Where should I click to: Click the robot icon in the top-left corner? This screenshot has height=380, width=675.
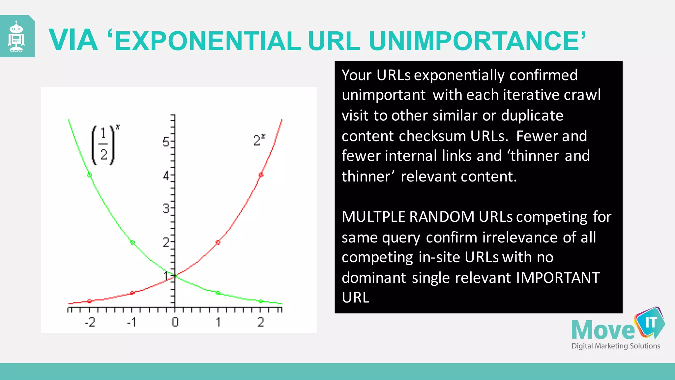click(x=16, y=37)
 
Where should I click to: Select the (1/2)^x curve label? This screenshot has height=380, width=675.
click(x=104, y=145)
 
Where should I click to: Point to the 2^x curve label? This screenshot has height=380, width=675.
click(x=259, y=140)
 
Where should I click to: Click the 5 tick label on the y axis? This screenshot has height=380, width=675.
click(x=166, y=142)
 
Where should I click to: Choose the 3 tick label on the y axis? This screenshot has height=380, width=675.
click(x=166, y=208)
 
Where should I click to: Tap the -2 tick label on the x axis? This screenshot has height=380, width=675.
click(x=90, y=322)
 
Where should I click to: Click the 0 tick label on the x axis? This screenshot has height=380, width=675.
click(x=175, y=322)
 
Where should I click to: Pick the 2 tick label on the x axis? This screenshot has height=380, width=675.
click(x=260, y=322)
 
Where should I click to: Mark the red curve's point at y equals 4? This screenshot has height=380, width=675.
click(x=261, y=175)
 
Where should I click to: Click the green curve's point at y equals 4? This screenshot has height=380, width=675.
click(x=89, y=175)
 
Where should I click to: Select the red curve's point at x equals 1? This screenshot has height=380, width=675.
click(x=218, y=242)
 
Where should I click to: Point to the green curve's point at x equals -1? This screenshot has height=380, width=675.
click(x=132, y=242)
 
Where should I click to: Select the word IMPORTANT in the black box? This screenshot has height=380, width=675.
click(x=557, y=278)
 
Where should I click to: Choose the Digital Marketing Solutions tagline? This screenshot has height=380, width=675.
click(x=615, y=346)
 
